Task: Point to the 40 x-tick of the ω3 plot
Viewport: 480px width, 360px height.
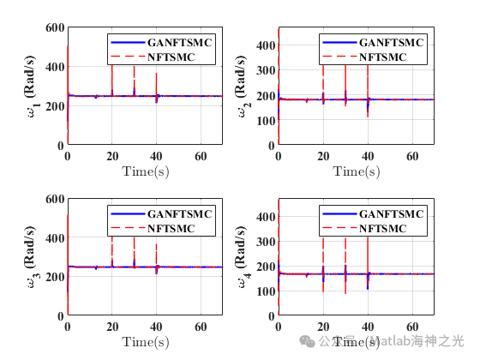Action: (x=156, y=327)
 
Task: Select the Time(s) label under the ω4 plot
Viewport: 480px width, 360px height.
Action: (x=356, y=342)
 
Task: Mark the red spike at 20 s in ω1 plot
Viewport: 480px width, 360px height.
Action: (x=111, y=81)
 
